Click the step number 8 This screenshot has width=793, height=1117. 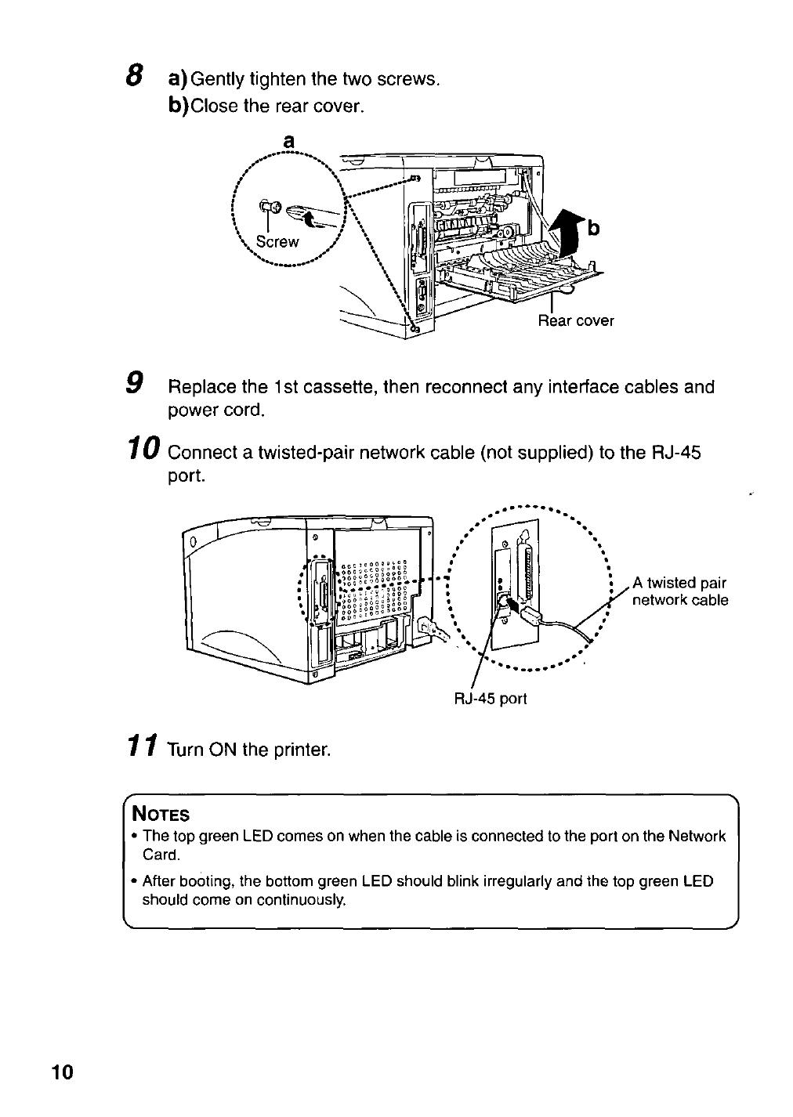point(136,76)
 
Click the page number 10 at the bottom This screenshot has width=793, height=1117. point(62,1072)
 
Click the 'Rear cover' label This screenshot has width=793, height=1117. point(575,320)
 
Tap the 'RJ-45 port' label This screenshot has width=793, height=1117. point(491,698)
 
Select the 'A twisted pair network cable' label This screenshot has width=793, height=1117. point(679,591)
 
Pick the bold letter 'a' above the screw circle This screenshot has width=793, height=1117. point(288,141)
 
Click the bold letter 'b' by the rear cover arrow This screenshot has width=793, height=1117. point(593,228)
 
